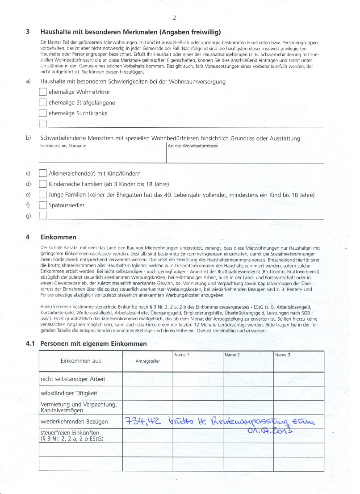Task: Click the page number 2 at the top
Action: click(x=174, y=18)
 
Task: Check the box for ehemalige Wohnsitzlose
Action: click(x=43, y=92)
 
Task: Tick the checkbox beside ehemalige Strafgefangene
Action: click(x=43, y=103)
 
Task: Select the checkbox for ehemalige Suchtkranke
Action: click(x=43, y=113)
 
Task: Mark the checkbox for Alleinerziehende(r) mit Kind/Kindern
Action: click(x=43, y=173)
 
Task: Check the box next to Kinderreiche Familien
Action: click(x=43, y=184)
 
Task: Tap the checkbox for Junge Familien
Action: click(x=43, y=195)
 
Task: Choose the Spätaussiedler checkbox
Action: click(x=43, y=205)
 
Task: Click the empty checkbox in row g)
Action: click(x=43, y=216)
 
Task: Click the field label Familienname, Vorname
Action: click(x=63, y=146)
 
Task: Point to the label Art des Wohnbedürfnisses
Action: click(x=193, y=146)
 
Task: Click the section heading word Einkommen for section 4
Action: click(x=58, y=237)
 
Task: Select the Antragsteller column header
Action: click(x=147, y=361)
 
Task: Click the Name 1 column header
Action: click(x=182, y=355)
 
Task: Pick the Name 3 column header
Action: click(x=283, y=355)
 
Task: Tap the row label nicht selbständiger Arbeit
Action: click(x=73, y=379)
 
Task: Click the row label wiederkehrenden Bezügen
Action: click(x=74, y=422)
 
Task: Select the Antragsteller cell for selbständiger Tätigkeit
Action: click(x=147, y=394)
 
